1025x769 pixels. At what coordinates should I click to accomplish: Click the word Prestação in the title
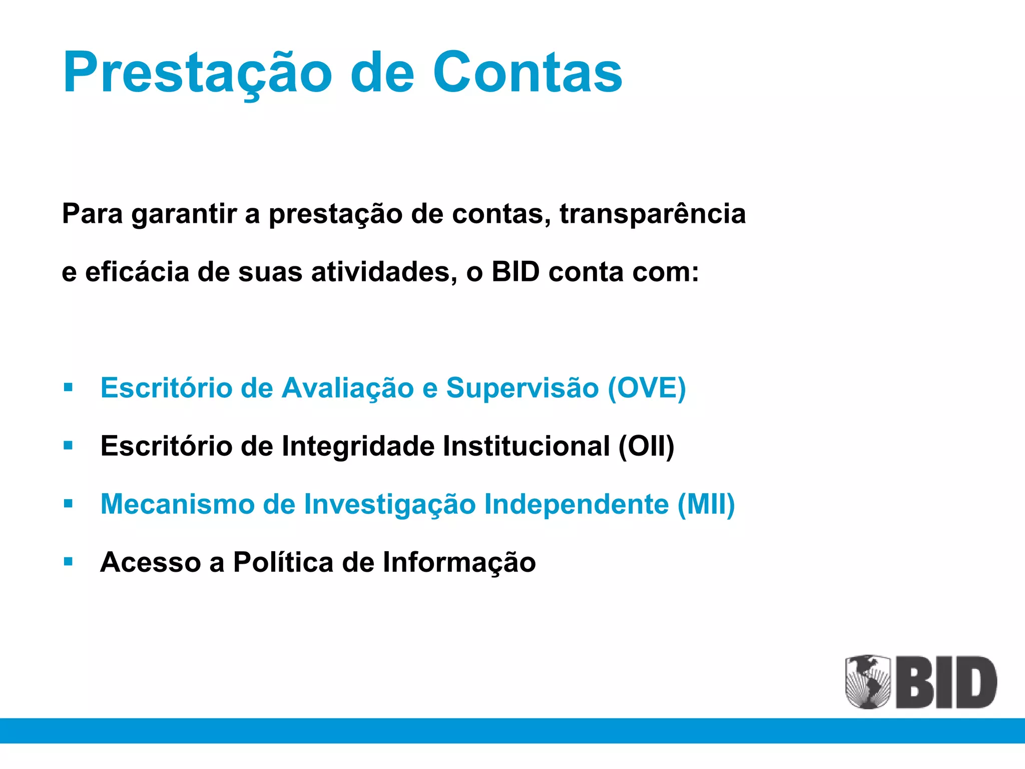point(198,73)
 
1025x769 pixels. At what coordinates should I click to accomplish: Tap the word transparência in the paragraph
point(652,214)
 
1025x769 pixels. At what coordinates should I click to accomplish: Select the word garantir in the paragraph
point(184,214)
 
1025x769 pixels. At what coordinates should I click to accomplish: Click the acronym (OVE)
point(646,388)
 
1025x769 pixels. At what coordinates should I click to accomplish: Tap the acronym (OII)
point(646,446)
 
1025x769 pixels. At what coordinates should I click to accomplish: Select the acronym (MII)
point(706,504)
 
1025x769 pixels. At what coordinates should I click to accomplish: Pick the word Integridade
point(358,446)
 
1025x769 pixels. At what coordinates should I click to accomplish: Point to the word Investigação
point(389,504)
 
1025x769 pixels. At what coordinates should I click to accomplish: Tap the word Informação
point(459,562)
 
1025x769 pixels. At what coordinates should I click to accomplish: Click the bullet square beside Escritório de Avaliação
point(69,387)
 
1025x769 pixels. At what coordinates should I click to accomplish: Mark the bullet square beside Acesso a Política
point(69,561)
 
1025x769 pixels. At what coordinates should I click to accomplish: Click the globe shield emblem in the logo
point(868,681)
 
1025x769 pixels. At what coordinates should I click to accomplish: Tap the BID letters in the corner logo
point(946,682)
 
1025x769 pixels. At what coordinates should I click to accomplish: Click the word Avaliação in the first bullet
point(347,388)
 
